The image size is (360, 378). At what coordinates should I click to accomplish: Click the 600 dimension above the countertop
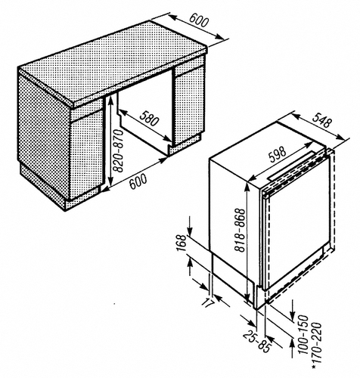[x=199, y=20]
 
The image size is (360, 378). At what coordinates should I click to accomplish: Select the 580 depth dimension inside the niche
[x=150, y=119]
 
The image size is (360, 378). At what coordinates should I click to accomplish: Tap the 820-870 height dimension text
[x=118, y=150]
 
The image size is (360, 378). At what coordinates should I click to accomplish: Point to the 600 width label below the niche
[x=138, y=181]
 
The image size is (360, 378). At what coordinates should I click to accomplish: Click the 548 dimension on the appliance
[x=321, y=120]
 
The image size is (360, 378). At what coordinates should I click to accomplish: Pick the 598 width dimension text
[x=278, y=153]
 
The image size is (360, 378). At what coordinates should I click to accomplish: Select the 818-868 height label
[x=240, y=230]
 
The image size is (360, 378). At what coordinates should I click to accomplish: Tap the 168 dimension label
[x=182, y=243]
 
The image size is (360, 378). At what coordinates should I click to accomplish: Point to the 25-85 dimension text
[x=256, y=342]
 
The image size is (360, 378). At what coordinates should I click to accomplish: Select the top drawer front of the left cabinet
[x=86, y=110]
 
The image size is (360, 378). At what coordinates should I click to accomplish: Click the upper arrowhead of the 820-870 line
[x=110, y=101]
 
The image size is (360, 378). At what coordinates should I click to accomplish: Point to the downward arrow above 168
[x=190, y=225]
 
